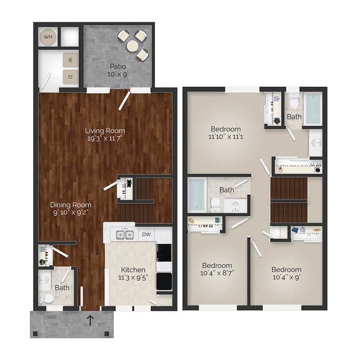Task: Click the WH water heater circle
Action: [x=48, y=37]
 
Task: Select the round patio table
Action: [x=133, y=45]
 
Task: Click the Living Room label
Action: [x=105, y=130]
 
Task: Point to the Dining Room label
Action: [x=70, y=205]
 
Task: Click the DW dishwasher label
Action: [x=146, y=234]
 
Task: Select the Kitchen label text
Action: [x=133, y=269]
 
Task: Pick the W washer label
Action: [x=70, y=60]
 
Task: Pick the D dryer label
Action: [x=70, y=76]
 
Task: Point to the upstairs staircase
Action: [x=289, y=199]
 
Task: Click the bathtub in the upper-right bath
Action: [x=313, y=109]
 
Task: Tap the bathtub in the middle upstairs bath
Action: [x=197, y=194]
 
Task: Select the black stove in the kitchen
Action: [x=164, y=280]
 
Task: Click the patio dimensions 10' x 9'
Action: [x=118, y=75]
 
